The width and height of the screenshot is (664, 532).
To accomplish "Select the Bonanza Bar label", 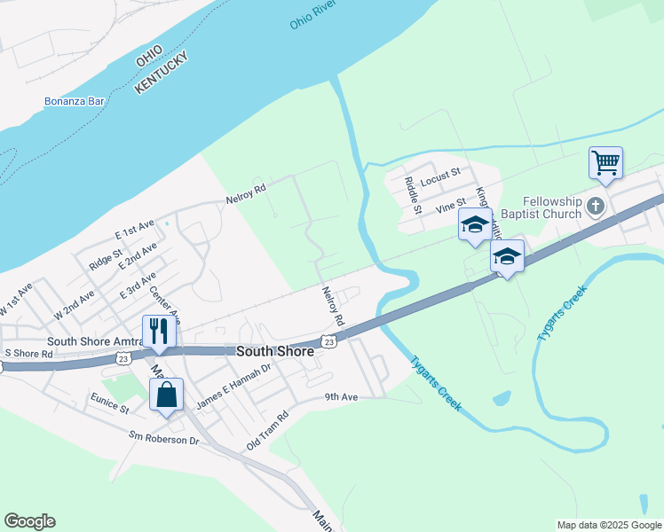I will pos(75,101).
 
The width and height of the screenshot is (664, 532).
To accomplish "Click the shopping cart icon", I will pos(605,162).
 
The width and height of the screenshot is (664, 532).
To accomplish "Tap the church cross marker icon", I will pos(595,207).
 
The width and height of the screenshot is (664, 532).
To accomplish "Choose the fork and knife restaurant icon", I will pos(159,331).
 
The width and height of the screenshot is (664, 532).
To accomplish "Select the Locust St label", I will pos(441,178).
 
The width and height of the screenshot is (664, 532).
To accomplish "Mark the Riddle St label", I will pos(411,195).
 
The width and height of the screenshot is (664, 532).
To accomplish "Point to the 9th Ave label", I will pos(341,397).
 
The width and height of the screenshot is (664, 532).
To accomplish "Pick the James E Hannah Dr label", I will pos(233,387).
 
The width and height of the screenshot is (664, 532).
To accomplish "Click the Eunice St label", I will pos(108,410).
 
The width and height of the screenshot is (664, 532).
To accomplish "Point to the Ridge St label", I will pos(106,259).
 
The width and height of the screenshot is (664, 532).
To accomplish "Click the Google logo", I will pos(29,521).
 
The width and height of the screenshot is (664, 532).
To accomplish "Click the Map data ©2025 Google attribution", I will pos(608,525).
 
